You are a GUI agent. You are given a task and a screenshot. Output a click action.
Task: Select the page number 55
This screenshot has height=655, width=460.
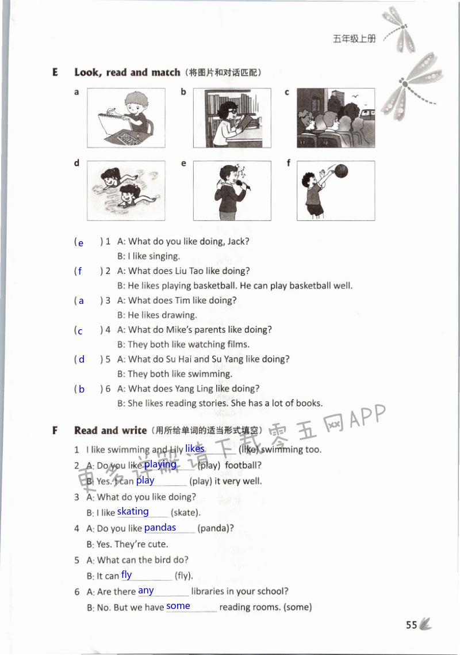click(x=411, y=626)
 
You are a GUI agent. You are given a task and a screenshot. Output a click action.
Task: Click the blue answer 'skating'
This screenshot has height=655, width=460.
click(x=133, y=511)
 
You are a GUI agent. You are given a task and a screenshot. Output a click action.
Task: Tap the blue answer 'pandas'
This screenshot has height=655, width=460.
click(x=160, y=527)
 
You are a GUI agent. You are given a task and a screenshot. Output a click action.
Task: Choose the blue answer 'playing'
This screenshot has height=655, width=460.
click(x=160, y=464)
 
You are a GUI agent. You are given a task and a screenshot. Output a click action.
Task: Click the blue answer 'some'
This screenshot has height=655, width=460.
click(x=178, y=606)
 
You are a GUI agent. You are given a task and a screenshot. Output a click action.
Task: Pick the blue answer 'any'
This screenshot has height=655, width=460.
click(x=146, y=590)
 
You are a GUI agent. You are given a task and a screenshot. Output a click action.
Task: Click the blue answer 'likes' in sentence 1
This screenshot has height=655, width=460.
click(x=195, y=448)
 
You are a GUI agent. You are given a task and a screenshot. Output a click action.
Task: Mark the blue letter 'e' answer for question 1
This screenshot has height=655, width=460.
click(x=80, y=243)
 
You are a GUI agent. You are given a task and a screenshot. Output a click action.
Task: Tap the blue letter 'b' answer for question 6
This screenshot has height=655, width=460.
click(x=82, y=389)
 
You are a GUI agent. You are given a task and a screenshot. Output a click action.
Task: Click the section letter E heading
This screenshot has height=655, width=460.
click(x=55, y=73)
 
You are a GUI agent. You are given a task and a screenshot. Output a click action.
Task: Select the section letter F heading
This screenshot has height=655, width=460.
click(x=55, y=431)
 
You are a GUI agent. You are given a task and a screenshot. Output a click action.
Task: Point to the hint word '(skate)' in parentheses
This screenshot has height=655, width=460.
click(x=185, y=512)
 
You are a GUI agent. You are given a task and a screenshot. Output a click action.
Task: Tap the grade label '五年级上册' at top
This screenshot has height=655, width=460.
click(x=354, y=39)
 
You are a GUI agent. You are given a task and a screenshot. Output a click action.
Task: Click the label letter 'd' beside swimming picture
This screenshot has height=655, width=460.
click(x=76, y=163)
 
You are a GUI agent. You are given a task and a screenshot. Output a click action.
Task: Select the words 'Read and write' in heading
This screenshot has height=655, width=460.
click(x=111, y=431)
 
